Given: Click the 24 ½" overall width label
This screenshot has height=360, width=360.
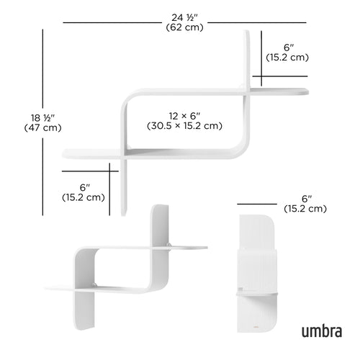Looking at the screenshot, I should (184, 17).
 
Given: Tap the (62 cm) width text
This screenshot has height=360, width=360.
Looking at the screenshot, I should (184, 27).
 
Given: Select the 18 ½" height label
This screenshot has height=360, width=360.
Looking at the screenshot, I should (42, 117).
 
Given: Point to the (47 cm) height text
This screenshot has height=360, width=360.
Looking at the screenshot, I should (42, 128).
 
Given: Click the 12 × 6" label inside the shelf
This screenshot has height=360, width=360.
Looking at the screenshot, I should (184, 115).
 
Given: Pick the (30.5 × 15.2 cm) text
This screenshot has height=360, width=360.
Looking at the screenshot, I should (184, 126).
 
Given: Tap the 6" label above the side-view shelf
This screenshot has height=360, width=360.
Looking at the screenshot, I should (305, 198).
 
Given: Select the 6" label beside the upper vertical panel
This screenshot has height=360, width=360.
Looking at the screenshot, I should (287, 45).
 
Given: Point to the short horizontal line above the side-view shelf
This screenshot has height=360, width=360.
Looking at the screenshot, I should (257, 204).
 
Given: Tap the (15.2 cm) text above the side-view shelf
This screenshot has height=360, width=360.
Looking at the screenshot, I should (305, 209).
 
